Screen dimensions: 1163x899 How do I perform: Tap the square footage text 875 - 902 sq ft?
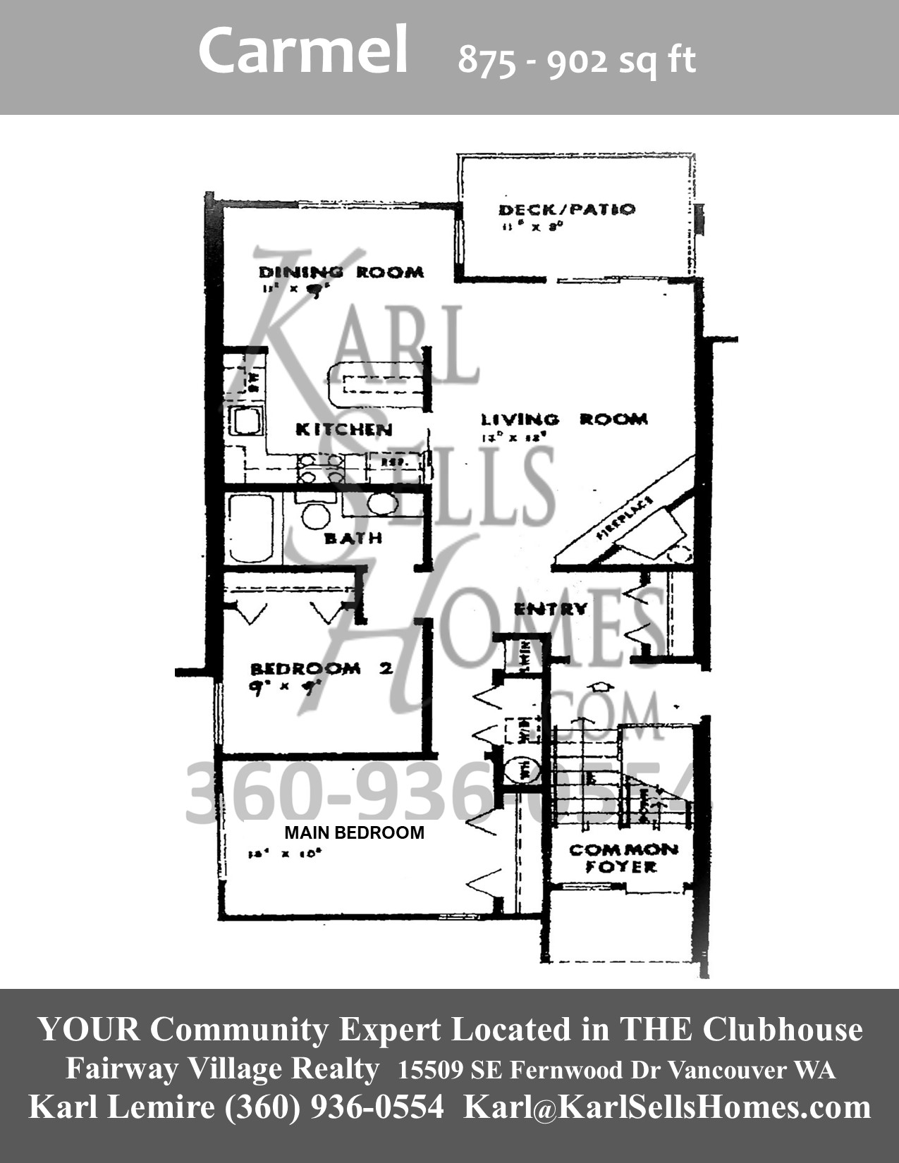(577, 61)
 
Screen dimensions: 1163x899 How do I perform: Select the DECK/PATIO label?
(567, 209)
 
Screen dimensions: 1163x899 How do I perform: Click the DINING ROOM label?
(341, 272)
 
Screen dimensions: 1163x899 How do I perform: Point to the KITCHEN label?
(343, 429)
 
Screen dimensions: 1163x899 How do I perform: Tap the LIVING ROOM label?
(564, 419)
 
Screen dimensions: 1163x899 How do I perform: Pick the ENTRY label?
(550, 608)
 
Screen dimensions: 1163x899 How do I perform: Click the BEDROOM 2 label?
(321, 667)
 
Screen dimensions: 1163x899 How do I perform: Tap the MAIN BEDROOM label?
(354, 832)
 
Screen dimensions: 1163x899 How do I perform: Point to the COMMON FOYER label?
(623, 858)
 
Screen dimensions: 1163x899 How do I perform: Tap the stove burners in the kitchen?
(321, 469)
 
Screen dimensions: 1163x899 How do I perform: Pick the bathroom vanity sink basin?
(381, 504)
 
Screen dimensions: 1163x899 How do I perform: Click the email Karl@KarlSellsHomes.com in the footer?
(666, 1107)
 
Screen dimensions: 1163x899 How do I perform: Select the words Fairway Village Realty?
(222, 1069)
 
